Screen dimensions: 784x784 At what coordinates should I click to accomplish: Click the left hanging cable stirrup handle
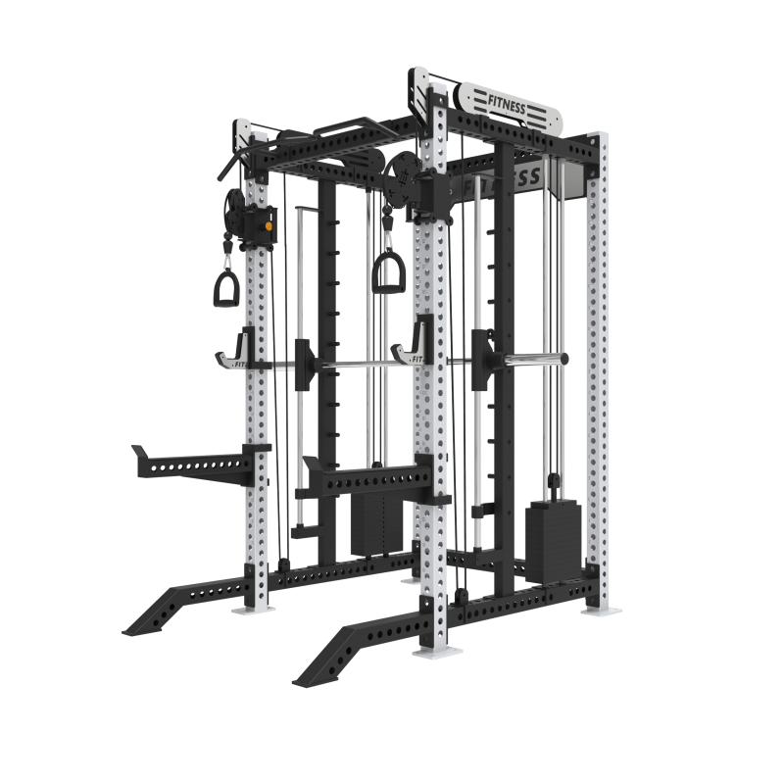click(x=227, y=286)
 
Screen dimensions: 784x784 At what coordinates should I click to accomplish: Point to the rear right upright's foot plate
click(x=599, y=612)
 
